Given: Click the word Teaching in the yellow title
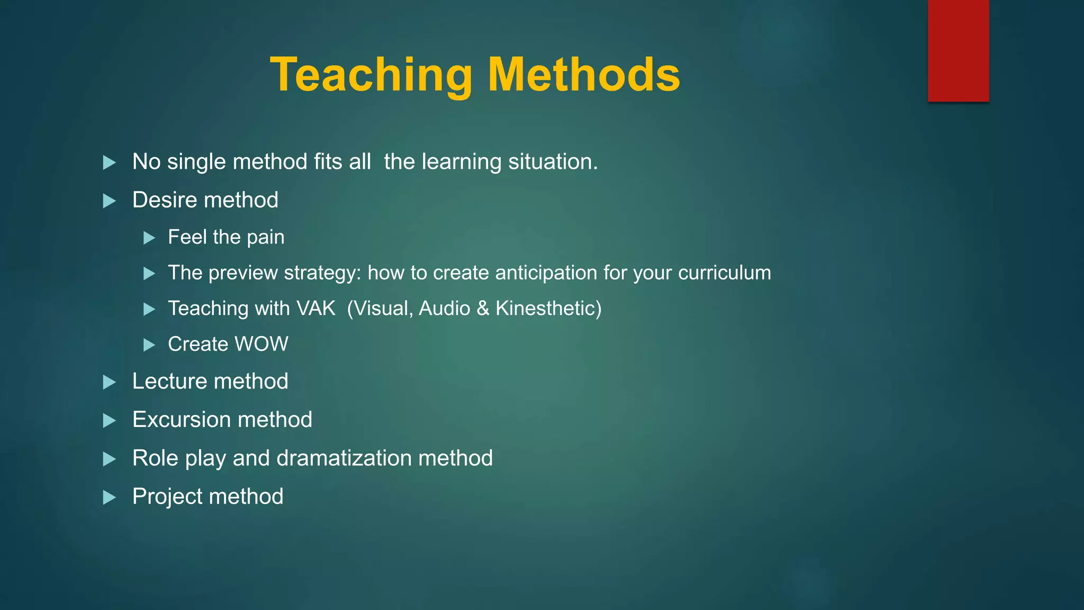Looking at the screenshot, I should [371, 76].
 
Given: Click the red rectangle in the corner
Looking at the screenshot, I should [958, 51].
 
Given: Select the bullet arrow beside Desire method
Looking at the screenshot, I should [109, 201].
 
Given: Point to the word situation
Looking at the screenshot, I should [553, 162].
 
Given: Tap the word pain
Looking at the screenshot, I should [266, 238].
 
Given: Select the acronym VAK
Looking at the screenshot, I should [315, 308].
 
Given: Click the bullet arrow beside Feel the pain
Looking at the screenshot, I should [149, 238].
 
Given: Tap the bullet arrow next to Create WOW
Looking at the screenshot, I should [149, 345].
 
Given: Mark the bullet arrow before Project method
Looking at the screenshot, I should [109, 497].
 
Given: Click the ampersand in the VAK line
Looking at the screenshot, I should [483, 309].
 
